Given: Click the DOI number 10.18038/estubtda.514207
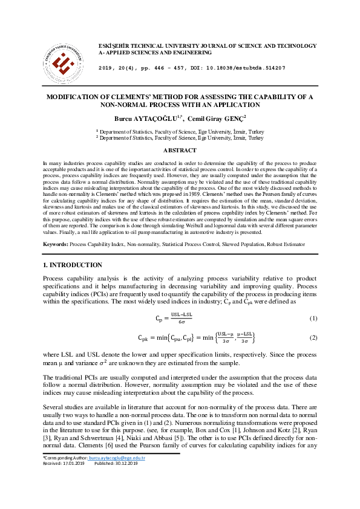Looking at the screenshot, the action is (x=250, y=68).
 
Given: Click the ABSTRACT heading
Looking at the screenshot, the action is (x=180, y=150).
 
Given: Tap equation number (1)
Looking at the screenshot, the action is (x=313, y=318).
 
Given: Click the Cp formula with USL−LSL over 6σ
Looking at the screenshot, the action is (x=174, y=318).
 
